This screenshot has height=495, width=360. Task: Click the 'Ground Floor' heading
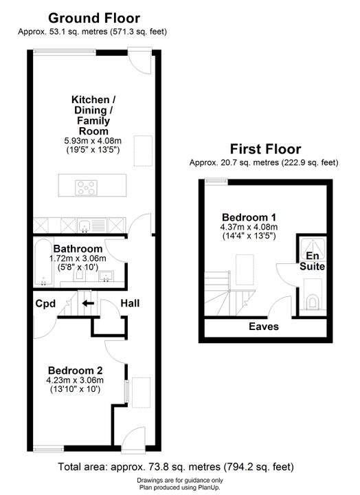[x=94, y=19]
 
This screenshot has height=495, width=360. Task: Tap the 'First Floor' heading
[x=265, y=149]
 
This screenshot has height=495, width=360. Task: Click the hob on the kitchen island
[x=86, y=188]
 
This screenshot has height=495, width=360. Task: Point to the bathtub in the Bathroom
[x=43, y=263]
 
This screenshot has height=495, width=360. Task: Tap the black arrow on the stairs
[x=88, y=304]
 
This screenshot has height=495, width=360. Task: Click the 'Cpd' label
[x=45, y=304]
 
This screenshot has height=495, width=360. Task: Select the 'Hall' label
[x=130, y=303]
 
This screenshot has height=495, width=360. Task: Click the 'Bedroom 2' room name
[x=75, y=371]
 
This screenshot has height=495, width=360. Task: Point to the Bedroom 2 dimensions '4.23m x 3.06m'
[x=75, y=380]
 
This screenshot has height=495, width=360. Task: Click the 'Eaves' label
[x=264, y=327]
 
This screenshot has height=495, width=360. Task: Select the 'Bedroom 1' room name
[x=249, y=217]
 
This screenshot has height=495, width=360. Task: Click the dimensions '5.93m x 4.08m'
[x=93, y=141]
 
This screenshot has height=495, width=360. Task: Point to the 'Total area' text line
[x=176, y=467]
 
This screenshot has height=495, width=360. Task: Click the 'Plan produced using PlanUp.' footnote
[x=180, y=487]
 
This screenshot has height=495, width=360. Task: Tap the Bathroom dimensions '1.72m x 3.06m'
[x=78, y=258]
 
